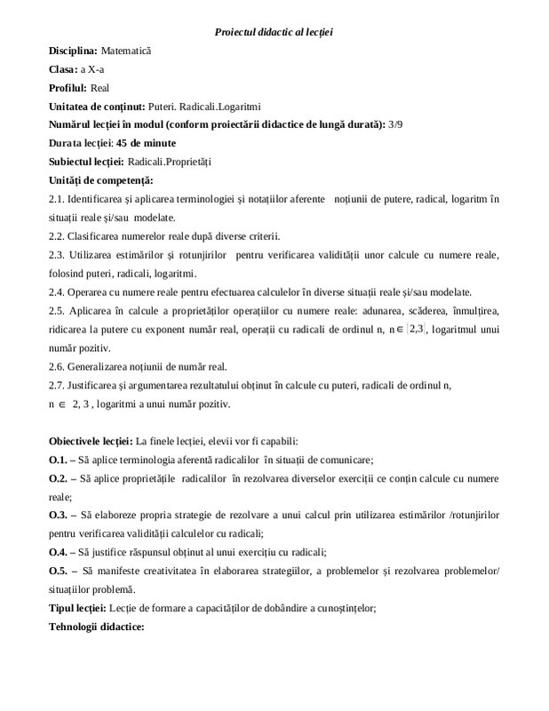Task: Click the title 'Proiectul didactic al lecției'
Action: tap(274, 33)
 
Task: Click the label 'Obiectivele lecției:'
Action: tap(91, 441)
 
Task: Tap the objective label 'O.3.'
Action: tap(59, 515)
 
